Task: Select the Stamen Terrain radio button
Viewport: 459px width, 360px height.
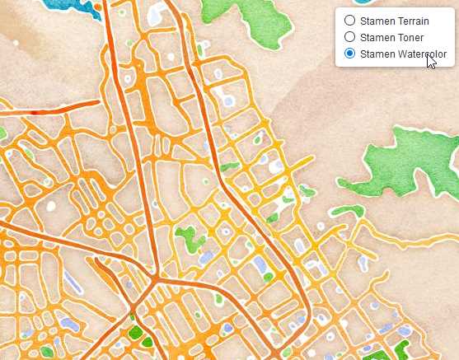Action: pyautogui.click(x=349, y=21)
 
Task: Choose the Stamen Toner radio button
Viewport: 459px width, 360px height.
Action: pyautogui.click(x=349, y=37)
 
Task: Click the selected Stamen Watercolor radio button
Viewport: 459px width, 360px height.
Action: pyautogui.click(x=349, y=54)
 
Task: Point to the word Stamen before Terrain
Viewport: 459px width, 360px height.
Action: pyautogui.click(x=375, y=21)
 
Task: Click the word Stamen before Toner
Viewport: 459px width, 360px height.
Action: pyautogui.click(x=375, y=37)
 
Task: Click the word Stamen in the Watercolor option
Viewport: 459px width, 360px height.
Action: pyautogui.click(x=375, y=54)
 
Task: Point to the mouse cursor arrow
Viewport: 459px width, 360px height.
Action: pyautogui.click(x=430, y=60)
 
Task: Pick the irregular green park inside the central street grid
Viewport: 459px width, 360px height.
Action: pyautogui.click(x=190, y=239)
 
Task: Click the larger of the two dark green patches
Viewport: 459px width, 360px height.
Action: pyautogui.click(x=135, y=334)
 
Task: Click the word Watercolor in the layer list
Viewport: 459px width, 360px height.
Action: pyautogui.click(x=419, y=54)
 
